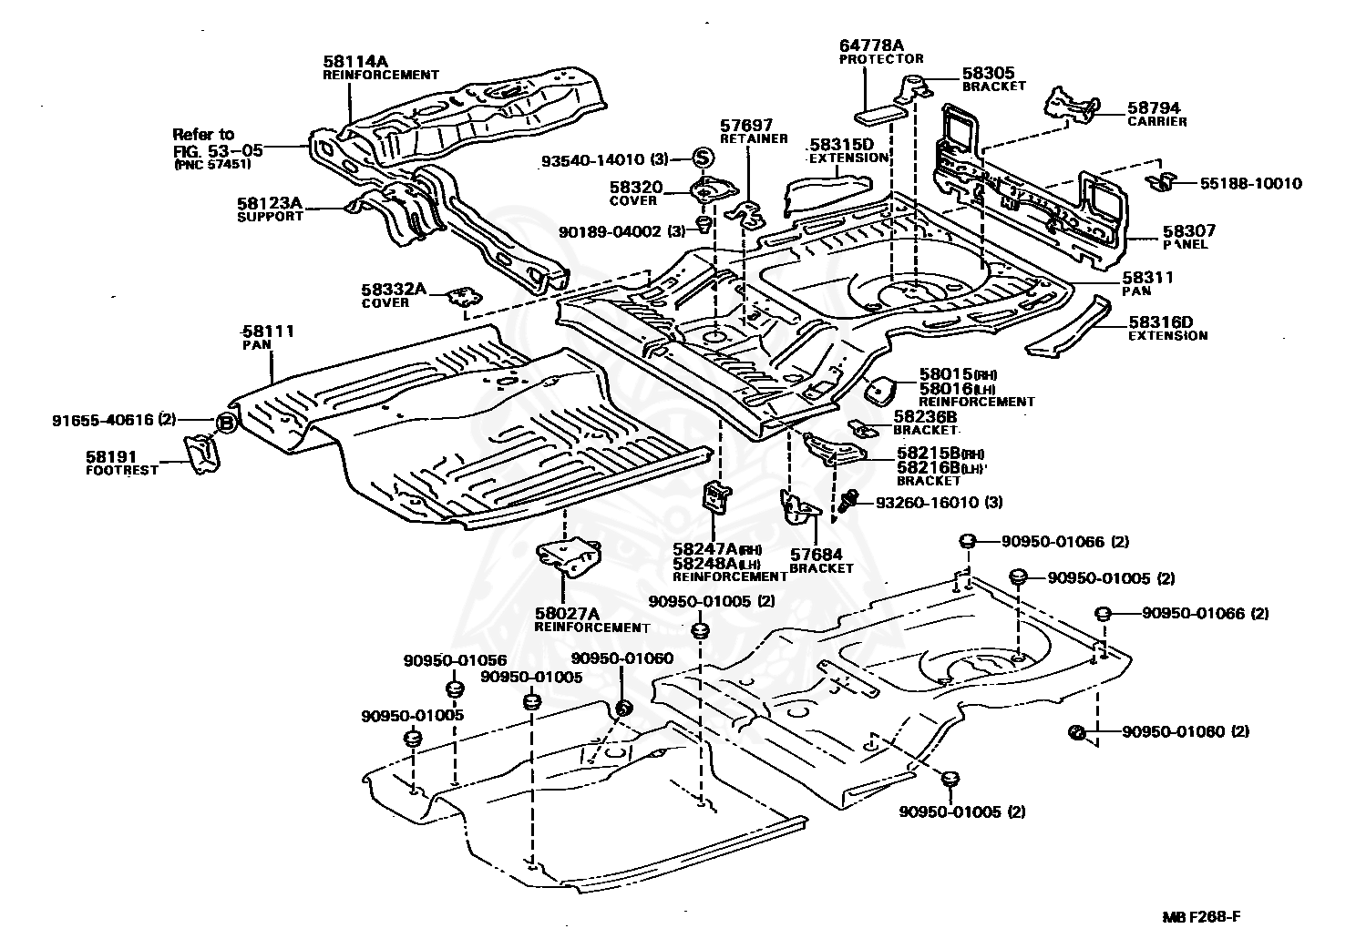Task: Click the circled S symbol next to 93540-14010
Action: pyautogui.click(x=703, y=158)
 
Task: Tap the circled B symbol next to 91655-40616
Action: pyautogui.click(x=226, y=423)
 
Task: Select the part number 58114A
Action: pyautogui.click(x=355, y=61)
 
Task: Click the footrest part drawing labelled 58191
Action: pyautogui.click(x=202, y=454)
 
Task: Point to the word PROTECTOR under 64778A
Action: pyautogui.click(x=881, y=58)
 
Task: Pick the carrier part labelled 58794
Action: pyautogui.click(x=1070, y=107)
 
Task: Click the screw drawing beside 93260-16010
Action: pyautogui.click(x=848, y=499)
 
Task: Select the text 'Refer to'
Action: pyautogui.click(x=203, y=134)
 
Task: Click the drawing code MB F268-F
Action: pyautogui.click(x=1201, y=917)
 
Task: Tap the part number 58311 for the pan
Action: pyautogui.click(x=1147, y=277)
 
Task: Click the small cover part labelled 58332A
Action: pyautogui.click(x=466, y=296)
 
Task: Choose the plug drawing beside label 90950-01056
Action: pyautogui.click(x=455, y=689)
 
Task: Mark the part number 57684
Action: pyautogui.click(x=816, y=554)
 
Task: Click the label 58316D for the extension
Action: pyautogui.click(x=1160, y=321)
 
